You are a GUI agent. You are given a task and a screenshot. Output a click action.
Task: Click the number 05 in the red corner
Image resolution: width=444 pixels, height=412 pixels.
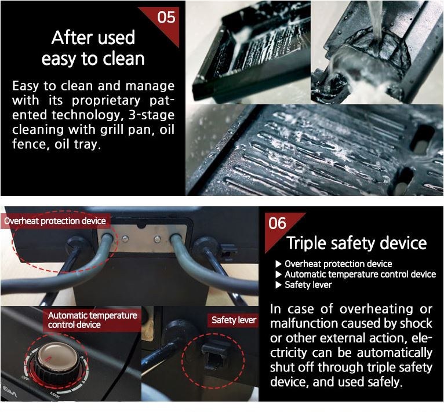pos(166,17)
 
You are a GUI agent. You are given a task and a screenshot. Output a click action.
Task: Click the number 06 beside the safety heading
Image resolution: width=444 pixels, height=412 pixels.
pos(277,223)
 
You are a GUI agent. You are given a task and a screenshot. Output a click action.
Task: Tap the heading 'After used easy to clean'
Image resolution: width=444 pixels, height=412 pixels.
pos(93,48)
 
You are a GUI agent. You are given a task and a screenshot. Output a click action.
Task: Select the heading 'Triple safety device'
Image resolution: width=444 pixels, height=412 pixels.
pos(356,243)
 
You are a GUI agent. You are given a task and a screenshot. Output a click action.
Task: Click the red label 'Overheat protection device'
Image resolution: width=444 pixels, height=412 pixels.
pos(55,221)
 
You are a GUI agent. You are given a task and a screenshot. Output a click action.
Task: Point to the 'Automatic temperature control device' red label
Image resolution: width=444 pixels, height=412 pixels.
pos(92,320)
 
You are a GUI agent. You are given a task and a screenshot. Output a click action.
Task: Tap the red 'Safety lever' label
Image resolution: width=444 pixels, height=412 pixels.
pos(234,320)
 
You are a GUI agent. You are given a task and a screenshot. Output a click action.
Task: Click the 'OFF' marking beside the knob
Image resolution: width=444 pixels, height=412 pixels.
pos(25,377)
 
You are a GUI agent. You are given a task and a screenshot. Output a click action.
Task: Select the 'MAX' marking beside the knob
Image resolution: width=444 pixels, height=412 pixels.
pos(54,395)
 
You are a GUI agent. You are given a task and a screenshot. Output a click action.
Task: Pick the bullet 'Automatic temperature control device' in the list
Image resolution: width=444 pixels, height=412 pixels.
pos(360,274)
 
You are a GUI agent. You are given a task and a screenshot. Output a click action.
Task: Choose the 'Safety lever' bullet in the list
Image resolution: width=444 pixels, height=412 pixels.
pos(308,285)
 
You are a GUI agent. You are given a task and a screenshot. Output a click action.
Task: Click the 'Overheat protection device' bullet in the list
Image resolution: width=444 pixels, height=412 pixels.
pos(339,264)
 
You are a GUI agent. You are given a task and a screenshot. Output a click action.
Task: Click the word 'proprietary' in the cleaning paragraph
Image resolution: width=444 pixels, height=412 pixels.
pos(106,101)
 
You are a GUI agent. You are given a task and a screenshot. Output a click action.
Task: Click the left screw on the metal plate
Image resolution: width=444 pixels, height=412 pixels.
pos(125,239)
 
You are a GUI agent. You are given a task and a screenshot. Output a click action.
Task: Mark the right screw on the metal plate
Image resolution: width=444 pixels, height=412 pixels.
pos(158,239)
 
